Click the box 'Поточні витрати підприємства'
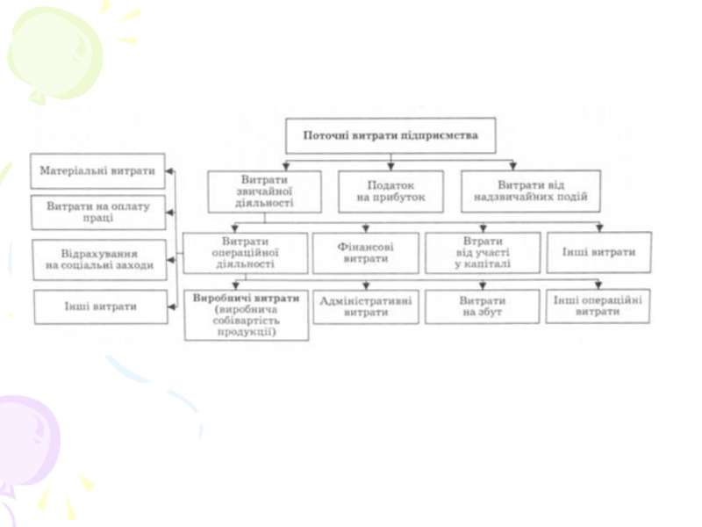(390, 136)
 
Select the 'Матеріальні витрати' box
(97, 170)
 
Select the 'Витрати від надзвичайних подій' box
(530, 191)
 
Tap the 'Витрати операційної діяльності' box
(245, 252)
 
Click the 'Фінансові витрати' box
(365, 253)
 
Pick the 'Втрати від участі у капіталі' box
(482, 253)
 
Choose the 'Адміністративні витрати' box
(365, 306)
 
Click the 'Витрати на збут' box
(482, 306)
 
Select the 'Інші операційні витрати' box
(598, 306)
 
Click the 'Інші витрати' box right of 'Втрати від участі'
(598, 252)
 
